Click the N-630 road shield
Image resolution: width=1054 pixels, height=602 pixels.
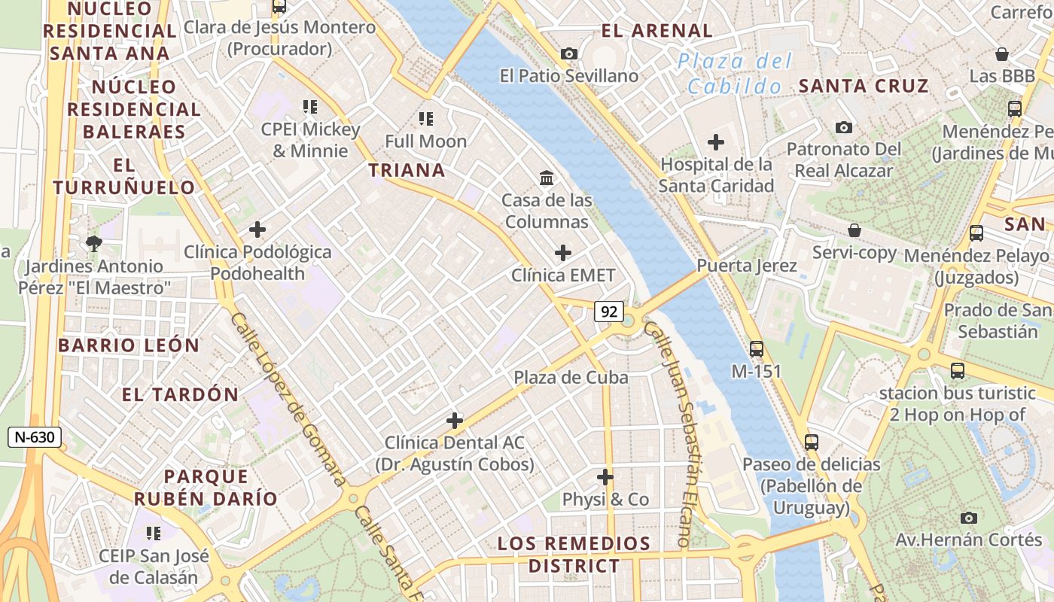point(35,437)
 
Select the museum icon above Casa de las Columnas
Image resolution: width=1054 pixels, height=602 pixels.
point(547,178)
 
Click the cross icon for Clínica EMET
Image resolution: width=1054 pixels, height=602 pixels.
point(562,253)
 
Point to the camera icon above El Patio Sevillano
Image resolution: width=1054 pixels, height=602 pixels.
point(569,53)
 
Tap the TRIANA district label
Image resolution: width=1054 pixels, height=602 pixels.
point(407,171)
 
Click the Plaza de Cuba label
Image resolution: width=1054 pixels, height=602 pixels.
point(571,378)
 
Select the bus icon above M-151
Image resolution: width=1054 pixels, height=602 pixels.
point(757,349)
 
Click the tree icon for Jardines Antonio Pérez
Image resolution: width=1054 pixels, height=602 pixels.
point(94,243)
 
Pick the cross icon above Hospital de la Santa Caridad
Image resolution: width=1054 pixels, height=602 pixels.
point(716,141)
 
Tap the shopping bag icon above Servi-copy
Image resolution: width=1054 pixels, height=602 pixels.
point(854,230)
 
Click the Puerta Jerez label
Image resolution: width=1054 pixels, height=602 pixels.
point(746,266)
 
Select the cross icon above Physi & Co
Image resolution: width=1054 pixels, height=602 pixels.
point(605,477)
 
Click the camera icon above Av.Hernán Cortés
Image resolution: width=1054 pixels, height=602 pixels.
point(969,518)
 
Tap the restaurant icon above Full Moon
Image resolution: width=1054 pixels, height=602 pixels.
point(426,118)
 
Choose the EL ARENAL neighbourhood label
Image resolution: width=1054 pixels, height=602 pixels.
point(656,31)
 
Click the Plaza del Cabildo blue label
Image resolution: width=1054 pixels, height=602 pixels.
point(734,74)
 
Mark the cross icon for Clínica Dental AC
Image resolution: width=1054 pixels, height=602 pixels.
point(455,420)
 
